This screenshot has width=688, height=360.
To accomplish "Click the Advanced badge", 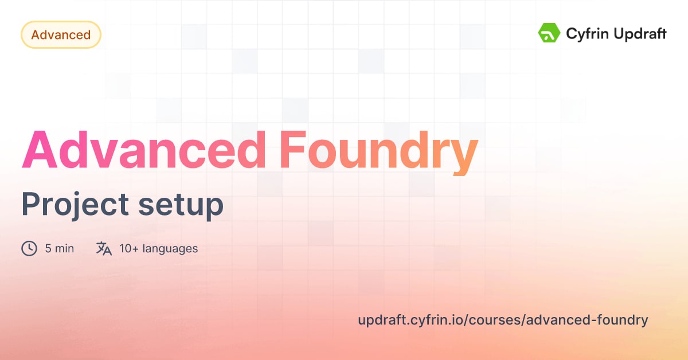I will [61, 35].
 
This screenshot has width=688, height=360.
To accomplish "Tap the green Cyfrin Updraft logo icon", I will [549, 33].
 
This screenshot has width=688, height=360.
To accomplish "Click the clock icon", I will [29, 248].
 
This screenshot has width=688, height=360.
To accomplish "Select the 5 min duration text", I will [60, 249].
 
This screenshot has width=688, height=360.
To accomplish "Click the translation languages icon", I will [104, 248].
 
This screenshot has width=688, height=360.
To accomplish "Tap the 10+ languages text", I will [158, 249].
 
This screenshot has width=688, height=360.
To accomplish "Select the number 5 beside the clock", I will [48, 249].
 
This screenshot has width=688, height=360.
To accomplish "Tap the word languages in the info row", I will [170, 249].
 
